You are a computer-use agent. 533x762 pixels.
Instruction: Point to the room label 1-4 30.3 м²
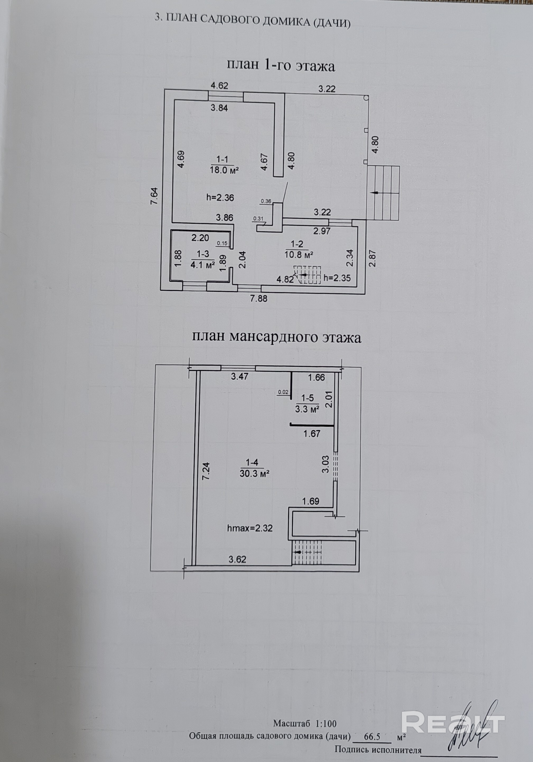click(x=254, y=468)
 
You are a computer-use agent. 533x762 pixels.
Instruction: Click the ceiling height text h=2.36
click(x=220, y=198)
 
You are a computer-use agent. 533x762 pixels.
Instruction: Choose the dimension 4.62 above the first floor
click(x=219, y=86)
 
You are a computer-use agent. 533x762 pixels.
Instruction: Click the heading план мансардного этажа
click(x=277, y=338)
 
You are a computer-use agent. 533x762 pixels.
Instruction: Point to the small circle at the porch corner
click(x=366, y=98)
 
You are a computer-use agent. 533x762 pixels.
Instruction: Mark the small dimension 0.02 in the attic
click(x=283, y=392)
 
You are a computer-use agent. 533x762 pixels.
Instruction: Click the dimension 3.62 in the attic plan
click(x=238, y=559)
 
